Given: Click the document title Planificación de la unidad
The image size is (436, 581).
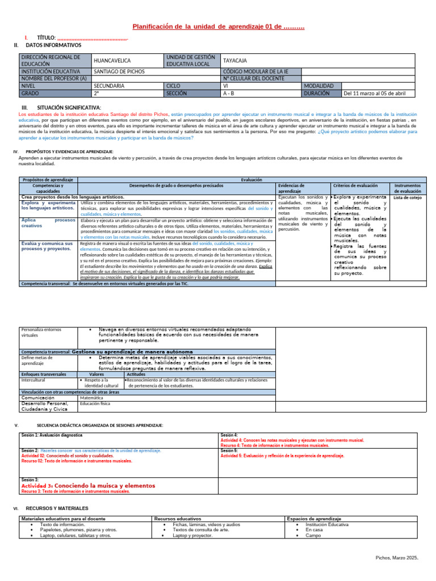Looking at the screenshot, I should tap(218, 27).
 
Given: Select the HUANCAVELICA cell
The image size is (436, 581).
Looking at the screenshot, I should tap(112, 60).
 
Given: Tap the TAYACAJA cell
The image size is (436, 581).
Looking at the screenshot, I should tap(235, 60).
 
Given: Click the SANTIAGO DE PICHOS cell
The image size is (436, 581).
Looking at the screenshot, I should tap(119, 71).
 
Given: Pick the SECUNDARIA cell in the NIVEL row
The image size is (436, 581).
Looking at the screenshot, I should tap(109, 86).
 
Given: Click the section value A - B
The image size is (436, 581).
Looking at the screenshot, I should tap(229, 93).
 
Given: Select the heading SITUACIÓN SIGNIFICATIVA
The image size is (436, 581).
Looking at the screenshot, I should tap(69, 107).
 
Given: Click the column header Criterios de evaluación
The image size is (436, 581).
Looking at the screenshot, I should tap(355, 186).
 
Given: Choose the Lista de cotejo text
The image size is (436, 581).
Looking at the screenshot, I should tap(408, 197).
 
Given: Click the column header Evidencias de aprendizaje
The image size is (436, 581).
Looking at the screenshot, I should tap(292, 188).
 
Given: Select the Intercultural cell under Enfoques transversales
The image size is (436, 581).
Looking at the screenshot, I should tap(33, 380).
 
